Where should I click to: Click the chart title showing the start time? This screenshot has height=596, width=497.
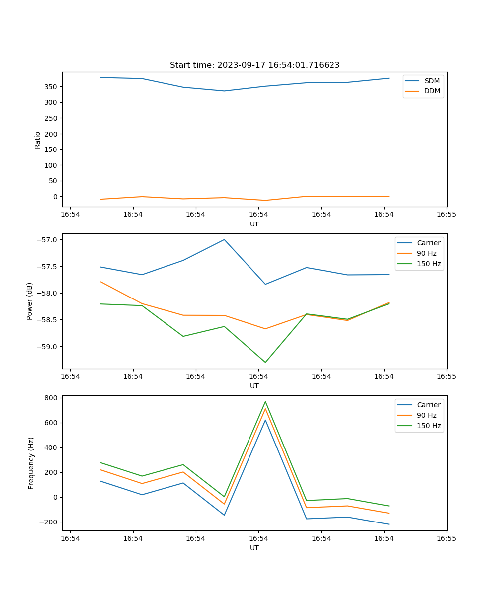click(254, 65)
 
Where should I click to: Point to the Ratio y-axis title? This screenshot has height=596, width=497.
click(37, 140)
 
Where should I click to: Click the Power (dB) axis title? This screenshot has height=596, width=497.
click(30, 301)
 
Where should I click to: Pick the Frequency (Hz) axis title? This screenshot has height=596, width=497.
click(31, 463)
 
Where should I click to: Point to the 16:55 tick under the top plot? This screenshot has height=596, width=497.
click(447, 215)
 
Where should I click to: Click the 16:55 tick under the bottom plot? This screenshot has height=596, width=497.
click(447, 538)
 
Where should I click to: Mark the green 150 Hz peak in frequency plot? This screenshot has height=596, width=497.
click(265, 402)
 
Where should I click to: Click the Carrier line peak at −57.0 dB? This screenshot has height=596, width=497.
click(224, 239)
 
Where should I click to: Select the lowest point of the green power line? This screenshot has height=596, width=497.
click(265, 362)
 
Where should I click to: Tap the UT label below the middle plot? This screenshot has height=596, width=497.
click(254, 386)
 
